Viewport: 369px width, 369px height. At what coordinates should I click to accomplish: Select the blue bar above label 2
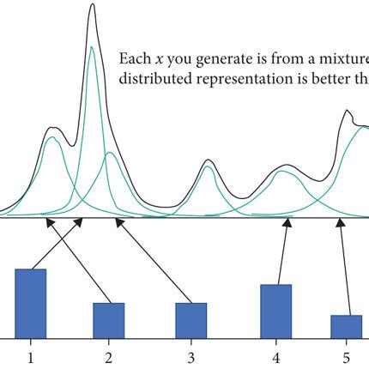pos(109,319)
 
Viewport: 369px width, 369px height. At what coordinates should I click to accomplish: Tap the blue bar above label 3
pos(191,319)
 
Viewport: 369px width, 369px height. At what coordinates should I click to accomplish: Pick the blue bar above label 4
pos(275,311)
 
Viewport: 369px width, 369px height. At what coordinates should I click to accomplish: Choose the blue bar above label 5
pos(346,326)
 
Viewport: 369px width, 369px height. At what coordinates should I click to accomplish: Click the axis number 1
pos(31,355)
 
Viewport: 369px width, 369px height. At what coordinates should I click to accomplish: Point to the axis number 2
pos(109,355)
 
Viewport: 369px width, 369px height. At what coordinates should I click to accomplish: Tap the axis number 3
pos(191,355)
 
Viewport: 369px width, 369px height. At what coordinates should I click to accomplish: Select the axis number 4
pos(275,355)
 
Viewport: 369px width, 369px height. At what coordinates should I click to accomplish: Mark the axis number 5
pos(346,355)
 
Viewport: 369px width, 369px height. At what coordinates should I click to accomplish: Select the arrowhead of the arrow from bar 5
pos(341,222)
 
